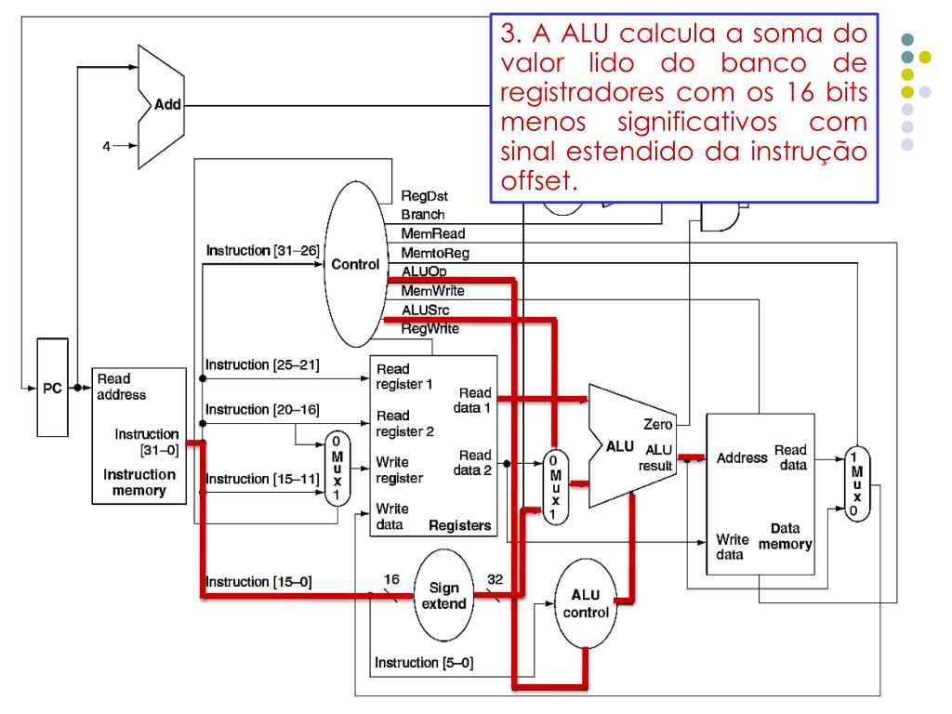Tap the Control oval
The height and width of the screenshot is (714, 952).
tap(353, 263)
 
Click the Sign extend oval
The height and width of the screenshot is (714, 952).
tap(443, 596)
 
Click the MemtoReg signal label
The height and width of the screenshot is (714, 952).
tap(434, 253)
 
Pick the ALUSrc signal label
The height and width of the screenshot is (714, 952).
tap(427, 310)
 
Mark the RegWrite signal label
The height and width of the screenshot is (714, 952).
tap(430, 328)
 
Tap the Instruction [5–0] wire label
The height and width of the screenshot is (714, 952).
tap(423, 663)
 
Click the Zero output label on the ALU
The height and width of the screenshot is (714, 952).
tap(657, 424)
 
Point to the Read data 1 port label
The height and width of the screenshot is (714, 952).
tap(475, 399)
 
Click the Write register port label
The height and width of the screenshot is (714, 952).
tap(399, 469)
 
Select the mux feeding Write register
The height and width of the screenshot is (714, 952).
tap(337, 469)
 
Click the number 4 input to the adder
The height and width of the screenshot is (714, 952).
tap(106, 146)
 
